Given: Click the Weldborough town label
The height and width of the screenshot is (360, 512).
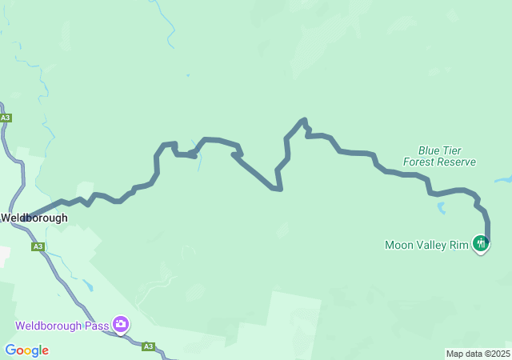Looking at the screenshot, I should coord(34,218).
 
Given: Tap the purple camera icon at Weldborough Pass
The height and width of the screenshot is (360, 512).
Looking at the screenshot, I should coord(121,324).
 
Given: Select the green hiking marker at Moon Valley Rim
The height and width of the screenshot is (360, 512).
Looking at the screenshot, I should coord(480,243).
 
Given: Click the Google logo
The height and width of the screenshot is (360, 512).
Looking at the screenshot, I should coord(26,350).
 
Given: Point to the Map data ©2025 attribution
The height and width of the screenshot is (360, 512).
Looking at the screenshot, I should coord(478,354).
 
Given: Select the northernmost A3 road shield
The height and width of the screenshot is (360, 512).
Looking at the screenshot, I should coord(6,118).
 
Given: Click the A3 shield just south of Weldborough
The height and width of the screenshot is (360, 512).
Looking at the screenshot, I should coord(38,246).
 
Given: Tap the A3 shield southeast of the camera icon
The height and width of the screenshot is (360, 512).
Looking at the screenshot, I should coord(148,346).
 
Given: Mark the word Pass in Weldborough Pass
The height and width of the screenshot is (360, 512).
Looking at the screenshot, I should coord(97,326).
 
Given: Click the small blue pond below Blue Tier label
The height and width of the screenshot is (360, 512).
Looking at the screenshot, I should coord(441,209).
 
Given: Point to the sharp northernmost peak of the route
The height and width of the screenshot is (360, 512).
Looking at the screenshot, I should coord(303,121).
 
